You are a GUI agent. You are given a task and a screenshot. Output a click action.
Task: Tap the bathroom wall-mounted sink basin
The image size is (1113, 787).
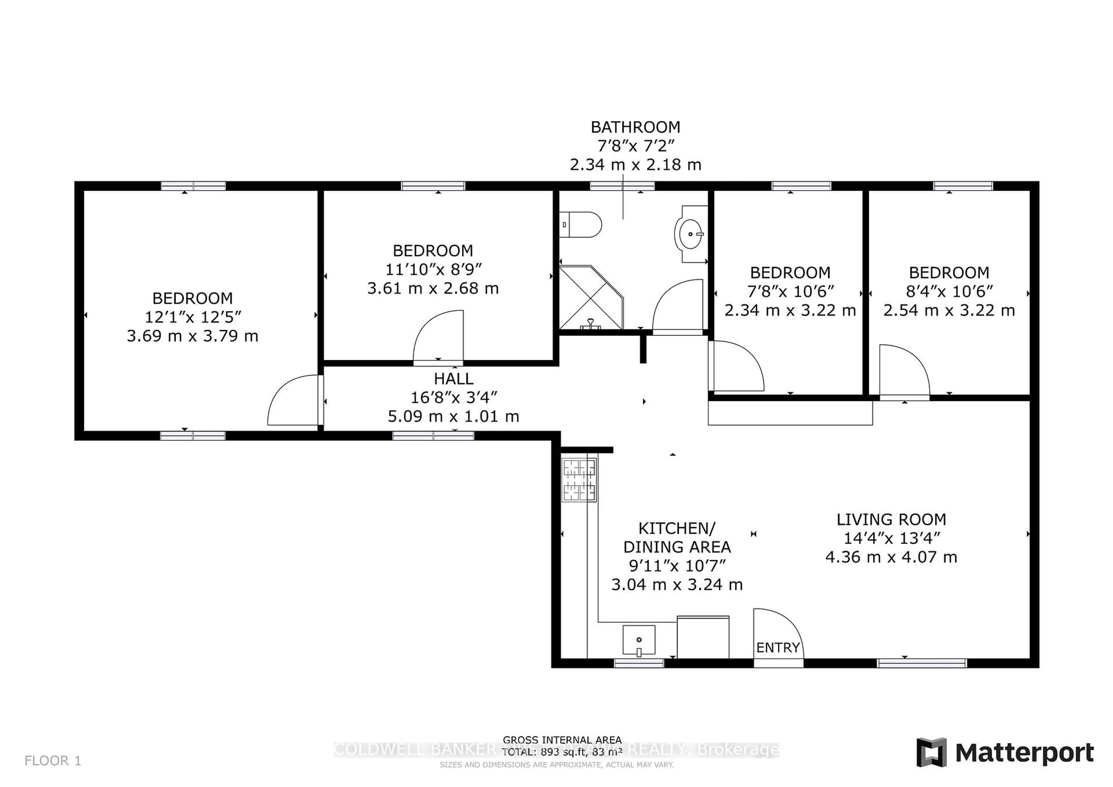click(x=690, y=234)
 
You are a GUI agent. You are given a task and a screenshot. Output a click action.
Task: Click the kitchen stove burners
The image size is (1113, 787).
click(x=579, y=480)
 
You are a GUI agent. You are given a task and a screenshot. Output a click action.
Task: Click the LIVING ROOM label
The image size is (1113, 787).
click(x=891, y=520)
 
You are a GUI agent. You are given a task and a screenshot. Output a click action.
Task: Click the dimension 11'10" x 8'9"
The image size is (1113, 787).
click(x=433, y=269)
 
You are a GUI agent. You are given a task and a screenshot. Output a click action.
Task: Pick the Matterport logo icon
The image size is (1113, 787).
click(x=931, y=753)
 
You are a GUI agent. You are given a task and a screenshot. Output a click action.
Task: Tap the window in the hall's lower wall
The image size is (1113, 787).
click(x=433, y=436)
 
